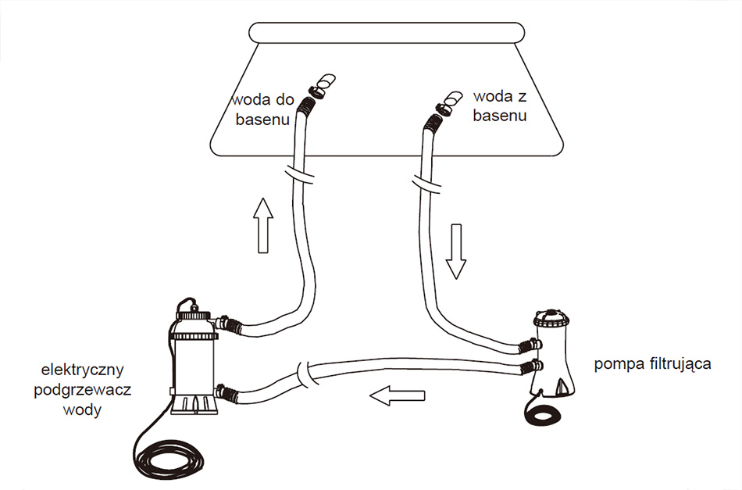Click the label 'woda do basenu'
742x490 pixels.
coord(262,110)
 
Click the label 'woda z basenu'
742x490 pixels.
coord(500,106)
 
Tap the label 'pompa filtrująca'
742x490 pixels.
coord(652,365)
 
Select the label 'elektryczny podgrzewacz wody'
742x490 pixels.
coord(85,388)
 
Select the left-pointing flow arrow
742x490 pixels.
coord(397,395)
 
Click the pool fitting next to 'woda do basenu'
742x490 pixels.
coord(320,86)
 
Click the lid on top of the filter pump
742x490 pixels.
coord(553,318)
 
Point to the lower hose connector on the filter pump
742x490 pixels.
coord(531,366)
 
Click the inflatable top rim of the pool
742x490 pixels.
coord(386,34)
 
